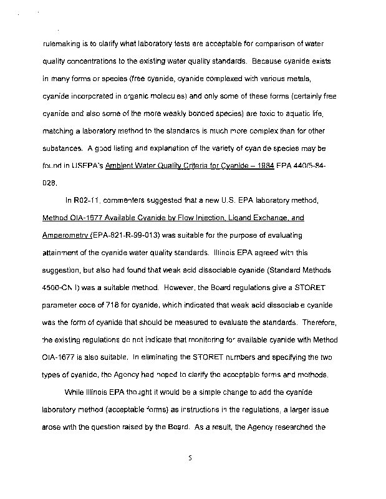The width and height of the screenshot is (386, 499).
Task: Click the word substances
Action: [63, 150]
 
